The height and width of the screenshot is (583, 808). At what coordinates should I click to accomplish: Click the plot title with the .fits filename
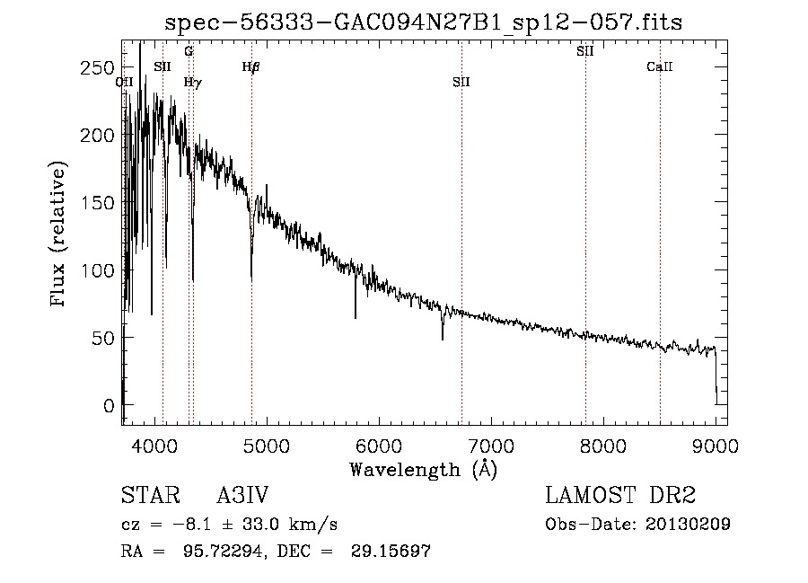point(423,22)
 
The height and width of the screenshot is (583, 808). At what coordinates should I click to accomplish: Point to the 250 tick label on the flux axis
point(97,67)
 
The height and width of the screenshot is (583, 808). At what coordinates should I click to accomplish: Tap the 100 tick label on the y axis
point(97,270)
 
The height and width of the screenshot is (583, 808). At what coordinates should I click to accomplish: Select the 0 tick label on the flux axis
point(109,405)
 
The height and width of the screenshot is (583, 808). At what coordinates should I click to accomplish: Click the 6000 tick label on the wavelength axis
point(379,446)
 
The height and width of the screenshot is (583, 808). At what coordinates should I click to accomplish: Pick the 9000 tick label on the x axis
point(716,446)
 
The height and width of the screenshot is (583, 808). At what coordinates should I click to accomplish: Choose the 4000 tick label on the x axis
point(154,446)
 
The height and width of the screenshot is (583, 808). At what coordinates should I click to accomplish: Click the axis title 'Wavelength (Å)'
point(424,470)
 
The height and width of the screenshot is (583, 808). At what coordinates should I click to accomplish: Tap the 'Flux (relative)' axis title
point(57,234)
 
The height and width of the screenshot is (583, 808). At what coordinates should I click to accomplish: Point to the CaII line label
point(660,66)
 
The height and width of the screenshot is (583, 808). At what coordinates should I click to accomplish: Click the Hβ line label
point(251,66)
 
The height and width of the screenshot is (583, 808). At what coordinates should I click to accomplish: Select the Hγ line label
point(193,82)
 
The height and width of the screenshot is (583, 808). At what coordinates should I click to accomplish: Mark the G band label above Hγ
point(189,51)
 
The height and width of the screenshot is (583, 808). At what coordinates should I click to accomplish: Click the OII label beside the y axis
point(124,82)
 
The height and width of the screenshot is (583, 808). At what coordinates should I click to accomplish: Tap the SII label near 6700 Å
point(461,82)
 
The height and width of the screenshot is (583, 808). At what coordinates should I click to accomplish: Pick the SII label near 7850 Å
point(584,51)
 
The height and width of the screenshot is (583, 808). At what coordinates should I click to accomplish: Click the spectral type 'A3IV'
point(242,495)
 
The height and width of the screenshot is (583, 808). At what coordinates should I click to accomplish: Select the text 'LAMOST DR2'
point(620,495)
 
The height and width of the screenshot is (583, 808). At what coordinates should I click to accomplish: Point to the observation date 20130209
point(688,525)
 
